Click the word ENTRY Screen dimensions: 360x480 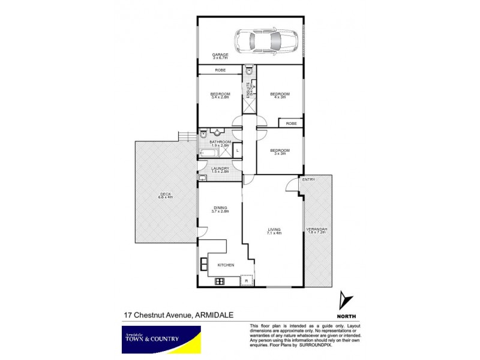pos(309,180)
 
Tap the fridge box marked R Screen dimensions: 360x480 pos(245,280)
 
